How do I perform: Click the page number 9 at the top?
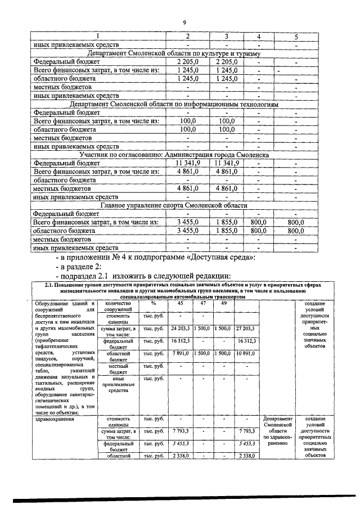[x=184, y=22]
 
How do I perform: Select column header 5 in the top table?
[x=296, y=37]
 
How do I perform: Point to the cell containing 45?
[x=180, y=304]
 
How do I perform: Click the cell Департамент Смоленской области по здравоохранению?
[x=278, y=431]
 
